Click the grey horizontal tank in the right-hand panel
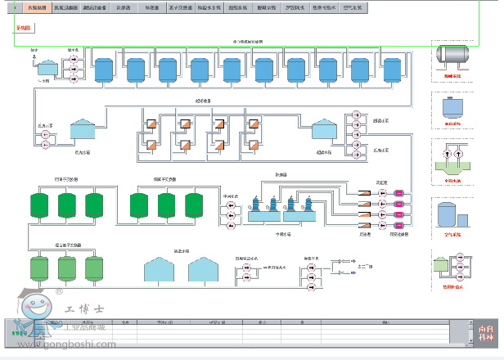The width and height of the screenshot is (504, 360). click(x=452, y=54)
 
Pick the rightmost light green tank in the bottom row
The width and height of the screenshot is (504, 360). click(x=96, y=268)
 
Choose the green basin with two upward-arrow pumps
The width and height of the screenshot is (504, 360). click(x=452, y=158)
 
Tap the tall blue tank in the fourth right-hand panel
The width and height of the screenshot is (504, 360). click(x=448, y=214)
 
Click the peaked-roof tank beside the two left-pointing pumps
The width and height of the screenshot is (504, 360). click(x=83, y=129)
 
